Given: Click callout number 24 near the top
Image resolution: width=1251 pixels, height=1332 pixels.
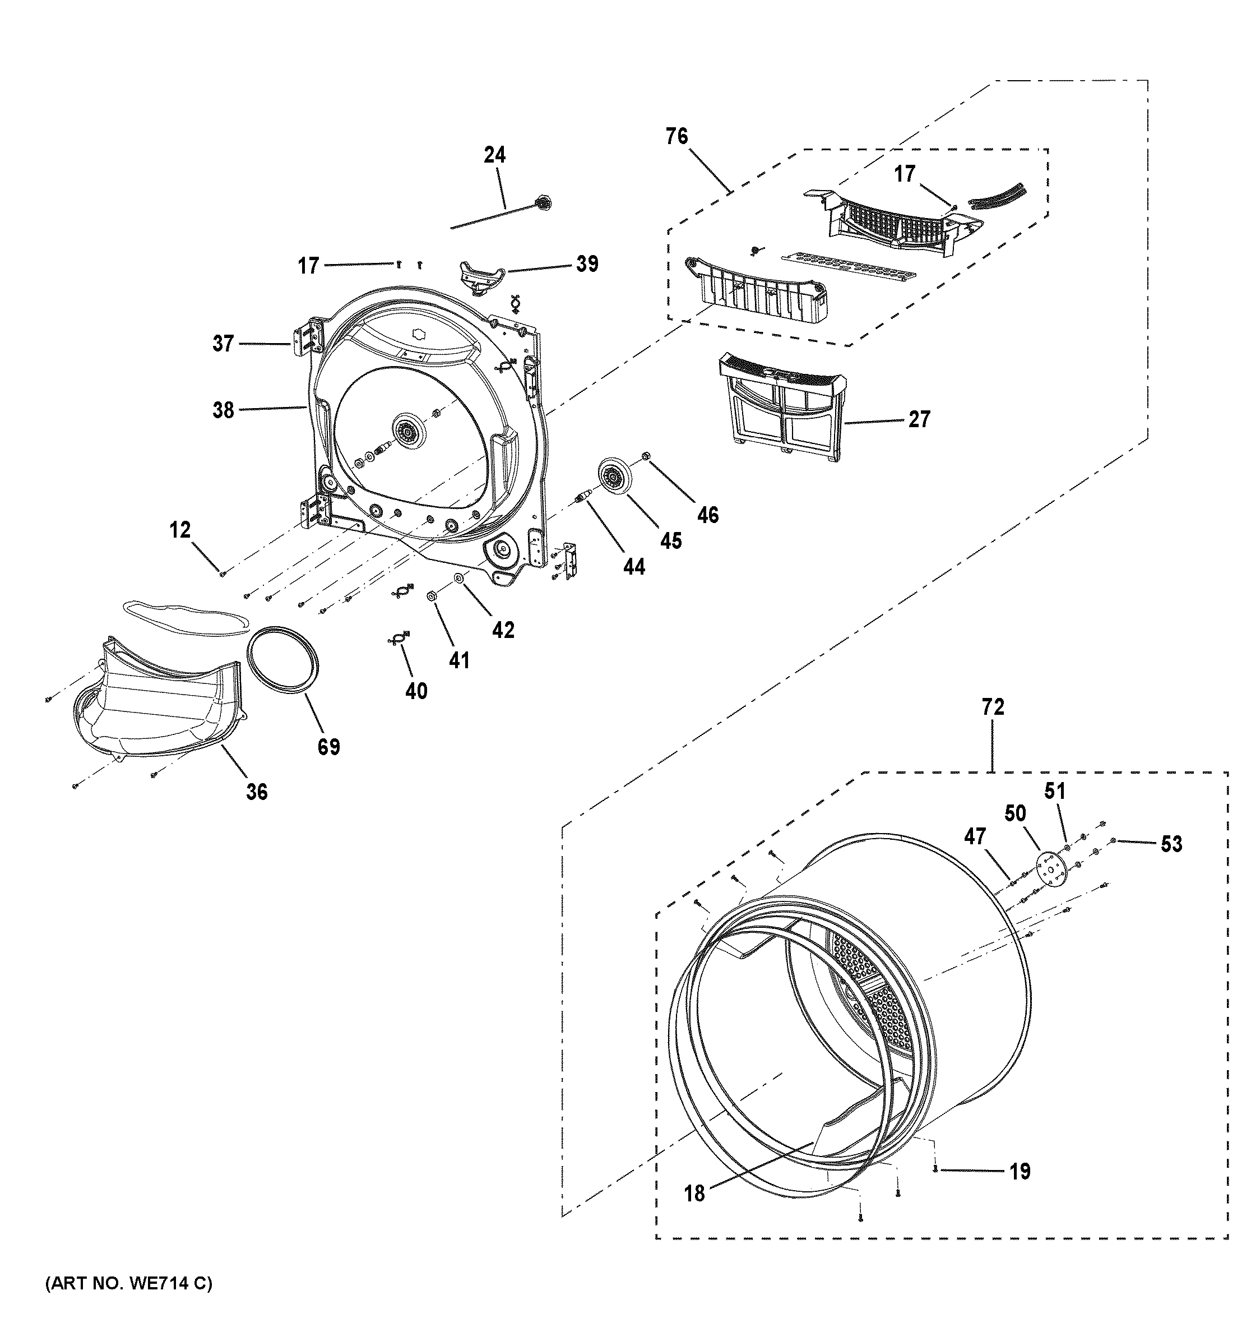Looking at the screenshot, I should pos(494,155).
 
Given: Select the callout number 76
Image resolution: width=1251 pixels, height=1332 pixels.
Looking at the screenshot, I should pos(677,136).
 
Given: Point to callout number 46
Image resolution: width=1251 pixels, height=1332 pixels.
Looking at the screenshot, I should pos(707,515).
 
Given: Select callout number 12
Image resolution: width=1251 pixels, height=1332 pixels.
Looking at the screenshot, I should pos(179,530).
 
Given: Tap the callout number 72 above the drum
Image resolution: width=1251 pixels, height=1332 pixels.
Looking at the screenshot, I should pos(993,707).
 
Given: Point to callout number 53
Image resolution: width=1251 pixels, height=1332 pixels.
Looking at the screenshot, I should pos(1171,844).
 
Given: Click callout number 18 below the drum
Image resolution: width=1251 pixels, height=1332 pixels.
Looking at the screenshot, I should pos(694,1194).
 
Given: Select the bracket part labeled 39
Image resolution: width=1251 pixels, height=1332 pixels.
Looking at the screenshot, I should pos(480,276).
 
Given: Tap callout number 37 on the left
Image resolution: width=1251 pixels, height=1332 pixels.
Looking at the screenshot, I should pos(223,344).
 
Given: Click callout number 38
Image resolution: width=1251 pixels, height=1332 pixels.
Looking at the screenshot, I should pos(223,409).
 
